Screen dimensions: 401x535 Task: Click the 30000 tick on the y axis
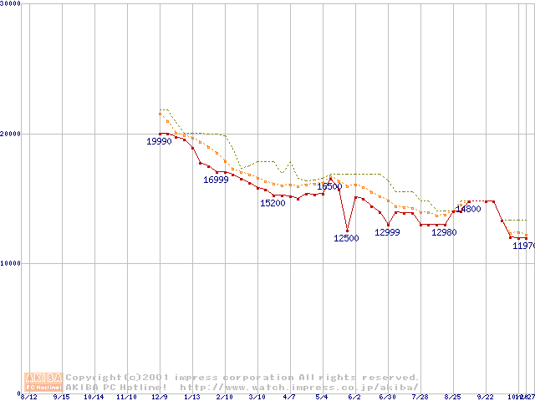(x=10, y=3)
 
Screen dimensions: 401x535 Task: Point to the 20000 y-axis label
(x=10, y=133)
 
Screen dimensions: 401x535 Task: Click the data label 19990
(x=159, y=142)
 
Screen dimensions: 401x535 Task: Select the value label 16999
(x=216, y=180)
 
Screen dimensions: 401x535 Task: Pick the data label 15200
(x=273, y=203)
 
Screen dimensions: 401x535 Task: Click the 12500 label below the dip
(x=346, y=238)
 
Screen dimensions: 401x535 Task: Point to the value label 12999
(x=387, y=232)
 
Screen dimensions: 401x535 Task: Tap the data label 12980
(x=444, y=232)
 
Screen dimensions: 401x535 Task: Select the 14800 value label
(x=468, y=209)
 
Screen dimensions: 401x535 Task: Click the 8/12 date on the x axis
(x=28, y=396)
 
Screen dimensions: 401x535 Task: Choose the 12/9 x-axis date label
(x=159, y=396)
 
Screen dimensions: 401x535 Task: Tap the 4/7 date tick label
(x=289, y=396)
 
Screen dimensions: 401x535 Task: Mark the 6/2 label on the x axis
(x=354, y=396)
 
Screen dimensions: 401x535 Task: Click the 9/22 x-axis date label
(x=485, y=396)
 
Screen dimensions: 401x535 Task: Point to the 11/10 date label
(x=126, y=396)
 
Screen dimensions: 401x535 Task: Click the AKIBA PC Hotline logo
(x=43, y=382)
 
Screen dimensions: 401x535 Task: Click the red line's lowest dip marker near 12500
(x=347, y=231)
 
